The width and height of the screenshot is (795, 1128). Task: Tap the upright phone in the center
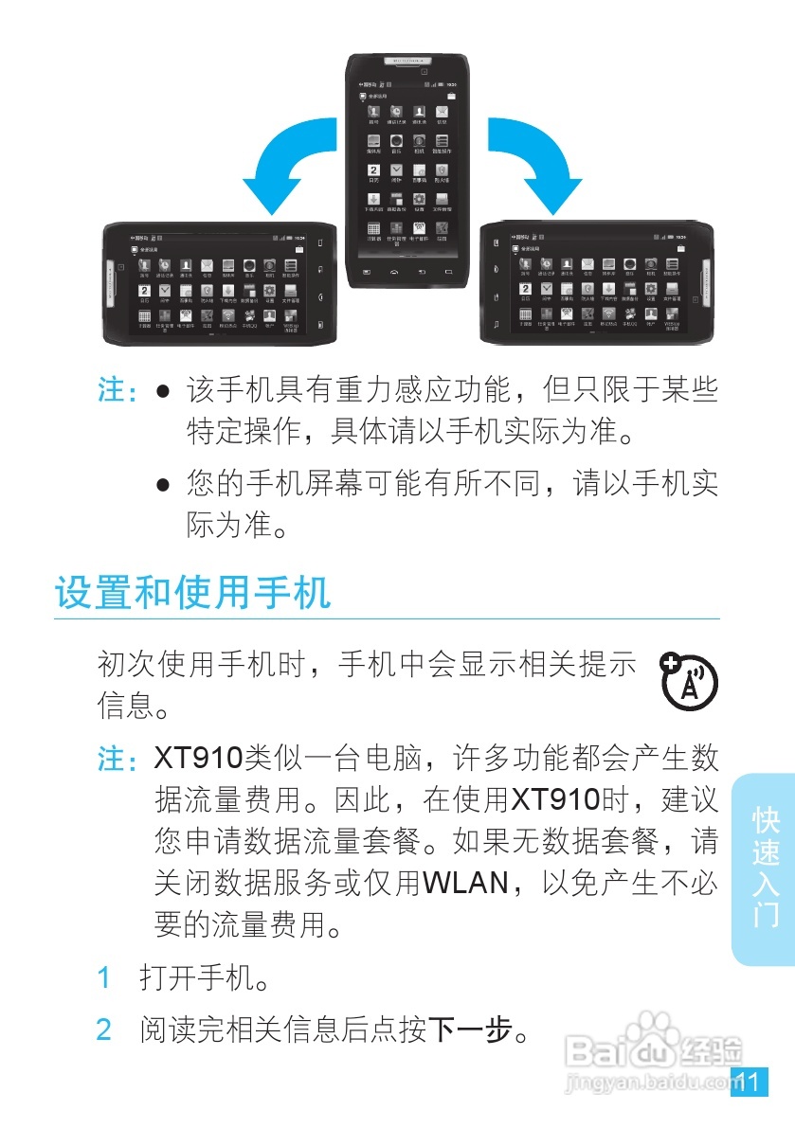coord(409,170)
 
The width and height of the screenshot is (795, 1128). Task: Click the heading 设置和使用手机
coord(193,593)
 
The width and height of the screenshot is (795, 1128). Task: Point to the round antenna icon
coord(689,680)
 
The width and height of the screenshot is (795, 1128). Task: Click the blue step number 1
coord(105,976)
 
